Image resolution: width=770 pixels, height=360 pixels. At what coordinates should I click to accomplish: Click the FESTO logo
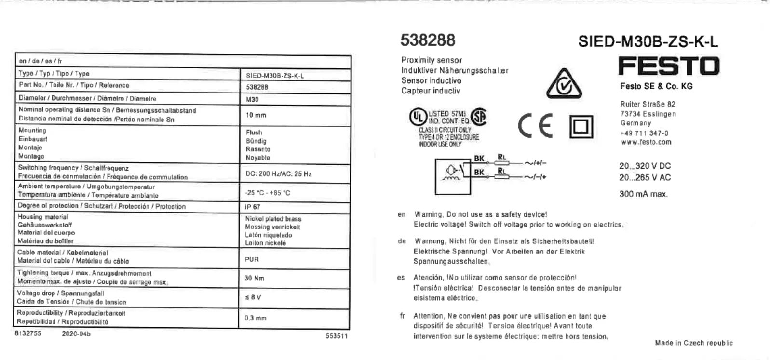[668, 66]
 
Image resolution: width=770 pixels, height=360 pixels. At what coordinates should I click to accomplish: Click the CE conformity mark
[535, 126]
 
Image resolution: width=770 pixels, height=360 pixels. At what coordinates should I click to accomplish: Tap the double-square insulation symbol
[581, 127]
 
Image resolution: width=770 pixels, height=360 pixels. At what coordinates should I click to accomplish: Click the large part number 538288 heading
[428, 40]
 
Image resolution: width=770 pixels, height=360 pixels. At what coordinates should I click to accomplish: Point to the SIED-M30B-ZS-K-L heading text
[648, 41]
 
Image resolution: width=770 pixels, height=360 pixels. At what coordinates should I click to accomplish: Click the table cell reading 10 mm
[256, 115]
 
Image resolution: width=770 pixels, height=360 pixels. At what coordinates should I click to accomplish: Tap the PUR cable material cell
[252, 259]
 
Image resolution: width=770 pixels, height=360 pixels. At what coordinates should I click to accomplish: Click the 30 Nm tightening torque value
[254, 278]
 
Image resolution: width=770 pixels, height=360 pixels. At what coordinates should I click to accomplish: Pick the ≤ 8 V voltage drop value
[253, 297]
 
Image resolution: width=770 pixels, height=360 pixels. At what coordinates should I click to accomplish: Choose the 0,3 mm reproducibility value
[256, 318]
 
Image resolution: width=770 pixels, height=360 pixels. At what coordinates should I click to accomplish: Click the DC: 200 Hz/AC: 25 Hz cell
[278, 174]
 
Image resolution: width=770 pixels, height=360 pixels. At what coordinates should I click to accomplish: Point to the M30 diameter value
[252, 99]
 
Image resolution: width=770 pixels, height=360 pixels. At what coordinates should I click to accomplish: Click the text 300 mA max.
[643, 194]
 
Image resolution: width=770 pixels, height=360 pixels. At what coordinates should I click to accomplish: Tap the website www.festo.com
[646, 142]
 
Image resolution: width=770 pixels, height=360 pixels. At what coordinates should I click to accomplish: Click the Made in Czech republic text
[693, 343]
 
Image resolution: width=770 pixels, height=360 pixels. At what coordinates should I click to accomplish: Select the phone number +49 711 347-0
[644, 133]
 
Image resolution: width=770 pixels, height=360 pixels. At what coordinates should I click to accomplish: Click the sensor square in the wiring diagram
[452, 175]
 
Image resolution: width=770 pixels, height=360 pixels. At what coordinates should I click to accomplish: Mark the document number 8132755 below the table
[28, 333]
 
